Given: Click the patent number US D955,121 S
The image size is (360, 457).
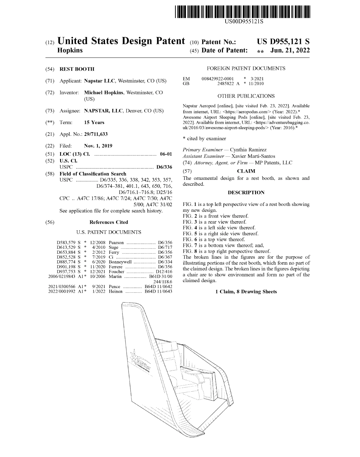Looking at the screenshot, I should coord(283,42).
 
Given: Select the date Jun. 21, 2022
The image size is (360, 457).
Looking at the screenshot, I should coord(290,50).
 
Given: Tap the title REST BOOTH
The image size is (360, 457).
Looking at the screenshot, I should coord(77,69).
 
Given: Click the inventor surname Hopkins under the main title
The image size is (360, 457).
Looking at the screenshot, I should coord(70,50).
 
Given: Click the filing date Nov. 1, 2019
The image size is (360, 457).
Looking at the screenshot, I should coord(98,146).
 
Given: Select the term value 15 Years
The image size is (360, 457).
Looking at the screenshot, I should coord(94,122).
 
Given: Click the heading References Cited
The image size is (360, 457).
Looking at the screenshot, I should coord(109,222).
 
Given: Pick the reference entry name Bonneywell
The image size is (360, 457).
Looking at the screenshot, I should coord(120,262).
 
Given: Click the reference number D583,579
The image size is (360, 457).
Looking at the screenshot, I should coord(66,243).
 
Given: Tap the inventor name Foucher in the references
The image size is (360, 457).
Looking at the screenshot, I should coord(116,272).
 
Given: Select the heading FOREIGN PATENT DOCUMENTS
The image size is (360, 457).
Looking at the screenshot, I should coord(246,68).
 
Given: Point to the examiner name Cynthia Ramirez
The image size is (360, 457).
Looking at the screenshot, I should coord(248,150).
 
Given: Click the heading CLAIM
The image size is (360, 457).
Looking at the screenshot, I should coord(246,171).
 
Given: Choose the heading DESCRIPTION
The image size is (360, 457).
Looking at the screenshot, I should coord(246,192).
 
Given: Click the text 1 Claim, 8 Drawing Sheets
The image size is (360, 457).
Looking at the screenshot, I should coord(246,292).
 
